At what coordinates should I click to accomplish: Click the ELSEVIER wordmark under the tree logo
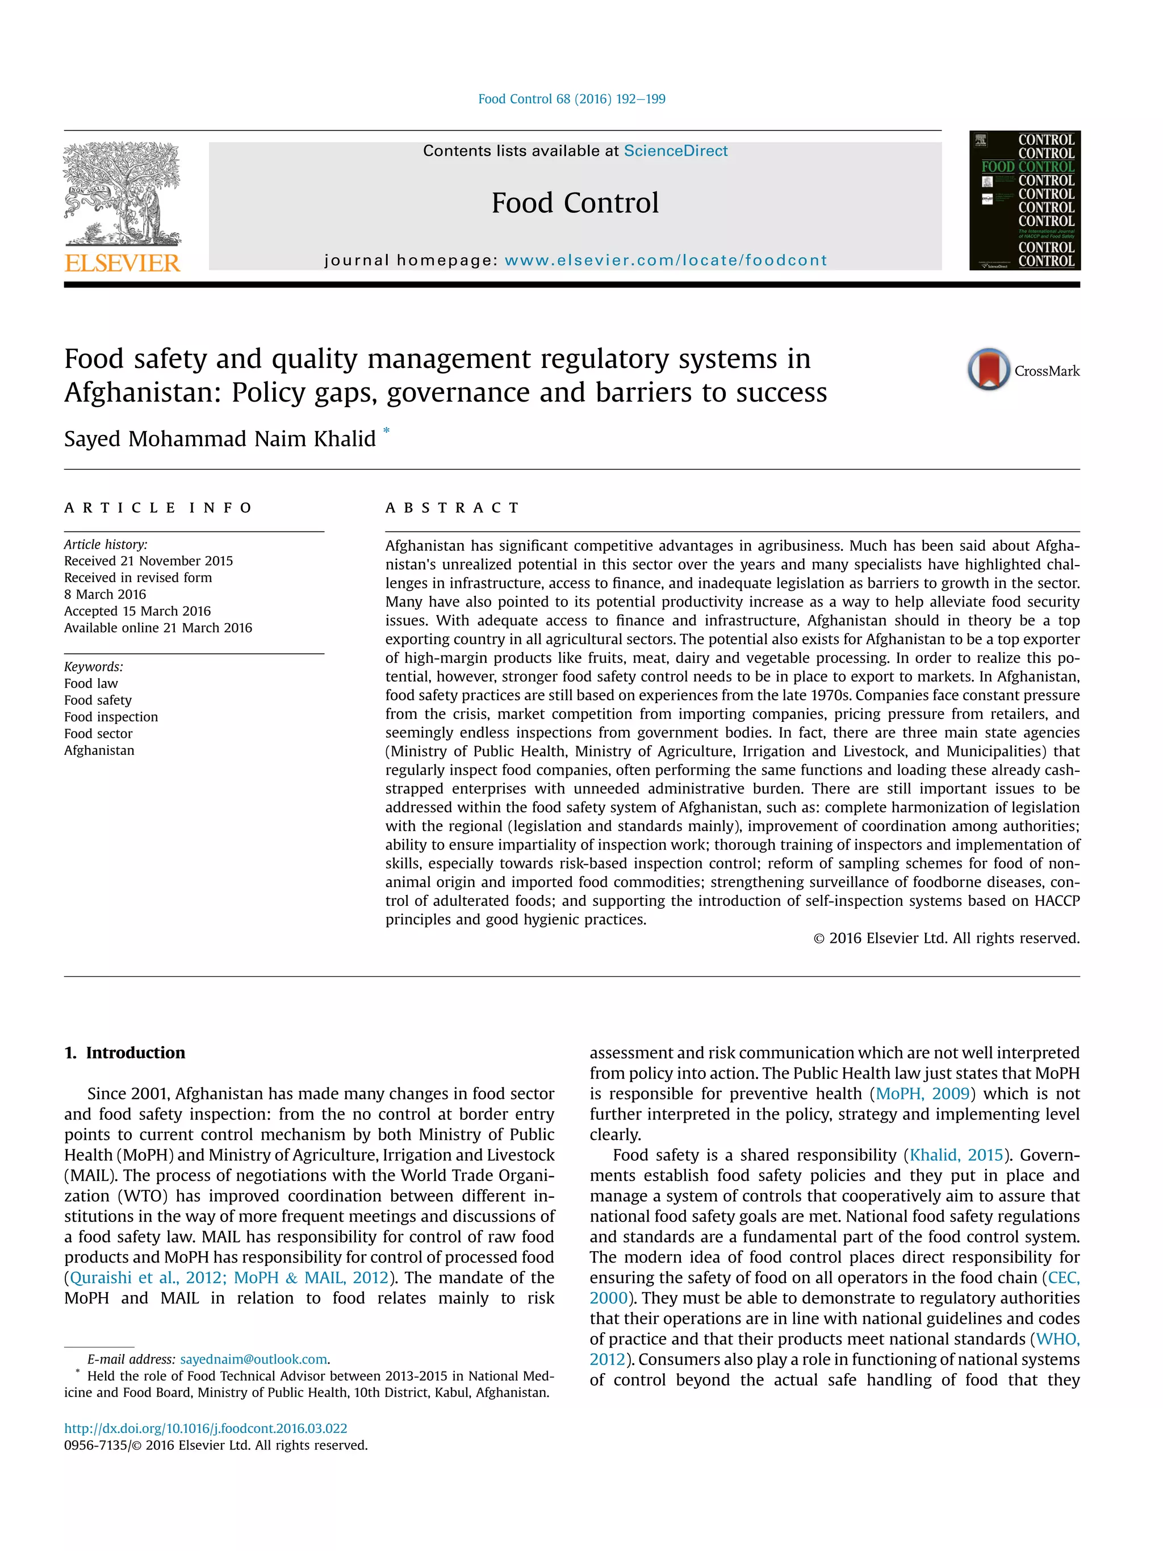(123, 263)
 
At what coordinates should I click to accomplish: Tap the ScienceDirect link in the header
(675, 150)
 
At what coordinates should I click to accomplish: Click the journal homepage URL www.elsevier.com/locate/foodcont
(666, 260)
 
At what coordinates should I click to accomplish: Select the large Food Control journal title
(575, 203)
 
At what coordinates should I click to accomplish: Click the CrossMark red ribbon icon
(989, 369)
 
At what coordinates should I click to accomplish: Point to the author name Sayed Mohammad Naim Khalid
(220, 439)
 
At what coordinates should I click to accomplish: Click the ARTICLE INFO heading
(158, 508)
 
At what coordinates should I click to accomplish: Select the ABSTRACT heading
(452, 508)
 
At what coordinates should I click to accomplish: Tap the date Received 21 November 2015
(149, 561)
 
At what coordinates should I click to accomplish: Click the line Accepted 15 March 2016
(137, 611)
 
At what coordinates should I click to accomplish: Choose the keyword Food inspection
(111, 717)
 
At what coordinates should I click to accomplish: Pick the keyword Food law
(91, 683)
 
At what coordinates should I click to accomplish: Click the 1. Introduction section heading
(125, 1052)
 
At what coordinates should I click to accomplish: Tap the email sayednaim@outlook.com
(254, 1359)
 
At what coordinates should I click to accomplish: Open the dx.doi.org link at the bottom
(206, 1428)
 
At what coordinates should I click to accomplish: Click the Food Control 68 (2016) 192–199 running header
(571, 99)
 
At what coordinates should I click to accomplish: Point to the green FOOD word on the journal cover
(998, 167)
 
